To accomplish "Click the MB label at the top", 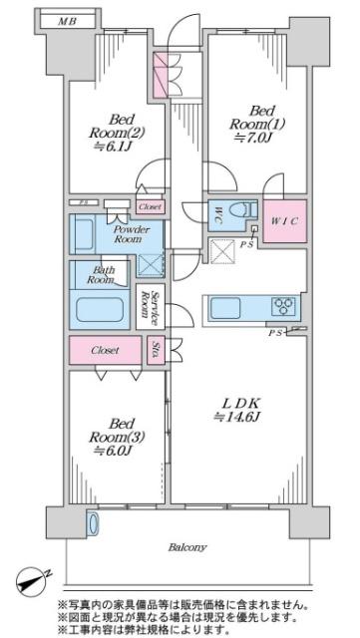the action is (x=67, y=21).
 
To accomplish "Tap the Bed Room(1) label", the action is (x=257, y=117).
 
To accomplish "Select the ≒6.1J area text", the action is (x=117, y=147).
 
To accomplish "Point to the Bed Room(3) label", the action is (x=117, y=431).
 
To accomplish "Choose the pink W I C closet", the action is (x=284, y=221).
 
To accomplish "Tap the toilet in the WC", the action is (x=243, y=210).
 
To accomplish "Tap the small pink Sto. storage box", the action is (x=156, y=350).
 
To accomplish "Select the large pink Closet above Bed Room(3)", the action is (x=105, y=350).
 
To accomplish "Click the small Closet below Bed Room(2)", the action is (x=151, y=206).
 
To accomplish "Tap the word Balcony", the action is (x=187, y=547).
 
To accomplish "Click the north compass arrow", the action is (x=35, y=579).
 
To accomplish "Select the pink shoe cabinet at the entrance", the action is (x=160, y=75).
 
